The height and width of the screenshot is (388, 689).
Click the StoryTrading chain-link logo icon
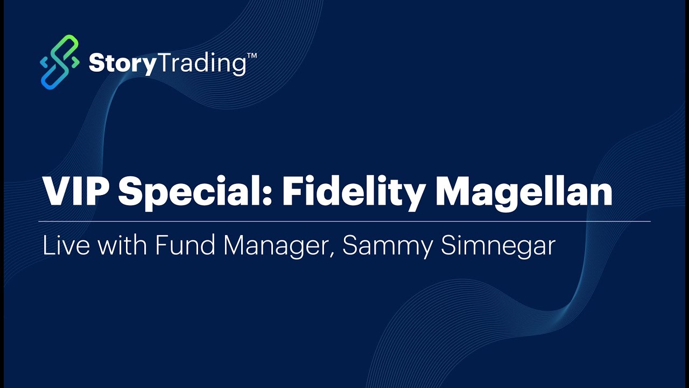tap(60, 62)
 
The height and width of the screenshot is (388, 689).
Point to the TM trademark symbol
tap(251, 56)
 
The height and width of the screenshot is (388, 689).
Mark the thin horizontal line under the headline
tap(344, 221)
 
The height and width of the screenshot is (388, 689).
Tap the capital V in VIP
tap(56, 191)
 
